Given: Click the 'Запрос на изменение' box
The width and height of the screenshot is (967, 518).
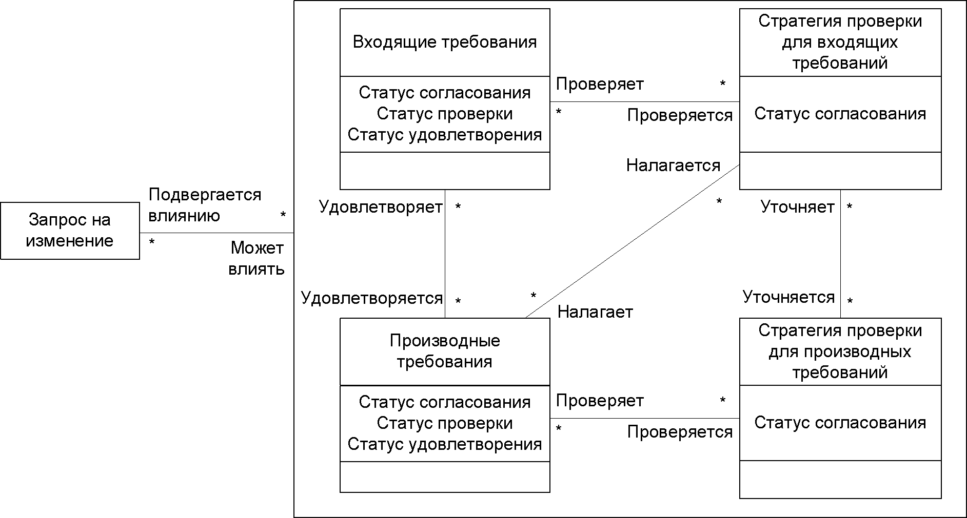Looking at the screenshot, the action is click(x=70, y=231).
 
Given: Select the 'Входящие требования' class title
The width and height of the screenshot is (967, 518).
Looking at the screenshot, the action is click(x=445, y=42).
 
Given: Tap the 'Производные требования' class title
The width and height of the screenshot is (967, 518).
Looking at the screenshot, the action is click(x=445, y=351).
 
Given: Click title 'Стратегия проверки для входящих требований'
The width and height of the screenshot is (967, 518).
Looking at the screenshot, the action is click(x=840, y=42).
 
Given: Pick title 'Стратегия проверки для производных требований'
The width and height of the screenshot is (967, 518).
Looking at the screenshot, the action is click(x=840, y=351).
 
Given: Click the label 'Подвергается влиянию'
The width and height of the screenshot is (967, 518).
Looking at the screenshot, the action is click(x=205, y=205).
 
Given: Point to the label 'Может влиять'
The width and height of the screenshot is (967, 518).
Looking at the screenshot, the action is click(x=256, y=258).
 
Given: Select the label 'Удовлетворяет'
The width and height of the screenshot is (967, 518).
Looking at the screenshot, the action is click(x=381, y=206).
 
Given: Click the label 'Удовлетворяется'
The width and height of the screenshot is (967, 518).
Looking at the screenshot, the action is click(x=372, y=298).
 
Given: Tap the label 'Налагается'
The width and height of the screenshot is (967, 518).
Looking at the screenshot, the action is click(x=674, y=165).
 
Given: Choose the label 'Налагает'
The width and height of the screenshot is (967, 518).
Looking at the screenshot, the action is click(x=595, y=312).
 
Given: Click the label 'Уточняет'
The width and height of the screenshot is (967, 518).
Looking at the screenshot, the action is click(x=798, y=206).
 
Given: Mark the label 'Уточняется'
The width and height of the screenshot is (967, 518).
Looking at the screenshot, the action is click(x=789, y=297).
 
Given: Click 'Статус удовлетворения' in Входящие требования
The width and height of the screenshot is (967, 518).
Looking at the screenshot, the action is click(x=445, y=134).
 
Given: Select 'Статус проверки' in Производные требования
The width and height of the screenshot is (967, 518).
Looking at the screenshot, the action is click(x=445, y=423).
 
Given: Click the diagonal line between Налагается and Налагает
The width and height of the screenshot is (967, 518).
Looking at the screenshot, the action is click(x=633, y=241).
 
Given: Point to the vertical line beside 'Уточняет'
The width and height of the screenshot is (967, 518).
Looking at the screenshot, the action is click(x=840, y=254).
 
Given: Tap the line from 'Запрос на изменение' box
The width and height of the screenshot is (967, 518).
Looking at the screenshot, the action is click(x=216, y=233).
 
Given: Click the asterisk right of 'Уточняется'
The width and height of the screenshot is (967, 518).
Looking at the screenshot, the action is click(x=850, y=301).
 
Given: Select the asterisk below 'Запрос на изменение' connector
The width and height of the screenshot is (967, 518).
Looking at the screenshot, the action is click(x=152, y=242).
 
